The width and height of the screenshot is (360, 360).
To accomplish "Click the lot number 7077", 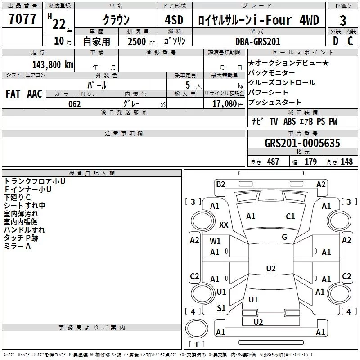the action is click(22, 19).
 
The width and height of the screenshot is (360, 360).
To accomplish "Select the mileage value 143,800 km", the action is click(53, 65).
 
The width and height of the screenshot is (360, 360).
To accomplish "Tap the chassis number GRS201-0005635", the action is click(302, 143).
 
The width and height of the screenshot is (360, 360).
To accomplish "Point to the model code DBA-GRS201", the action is click(258, 41).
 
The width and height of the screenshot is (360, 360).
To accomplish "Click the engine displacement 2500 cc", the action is click(141, 41).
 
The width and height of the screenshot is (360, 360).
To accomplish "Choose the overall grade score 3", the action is click(343, 21).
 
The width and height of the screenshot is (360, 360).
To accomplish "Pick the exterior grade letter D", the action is click(336, 41).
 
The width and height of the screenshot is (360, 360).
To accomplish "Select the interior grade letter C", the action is click(350, 41).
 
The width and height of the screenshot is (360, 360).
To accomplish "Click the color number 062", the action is click(75, 104).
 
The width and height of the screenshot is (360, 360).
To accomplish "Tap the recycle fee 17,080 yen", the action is click(228, 104).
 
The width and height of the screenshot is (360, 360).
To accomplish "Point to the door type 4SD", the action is click(174, 20).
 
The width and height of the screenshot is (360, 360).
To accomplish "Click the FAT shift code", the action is click(13, 94).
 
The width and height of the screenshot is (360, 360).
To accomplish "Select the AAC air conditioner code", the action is click(35, 94).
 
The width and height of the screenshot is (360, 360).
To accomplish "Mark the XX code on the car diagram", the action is click(224, 225).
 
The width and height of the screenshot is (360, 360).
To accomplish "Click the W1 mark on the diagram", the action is click(215, 241).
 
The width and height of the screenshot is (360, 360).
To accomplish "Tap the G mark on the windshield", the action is click(284, 237).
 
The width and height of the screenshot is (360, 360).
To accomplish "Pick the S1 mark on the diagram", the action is click(221, 308).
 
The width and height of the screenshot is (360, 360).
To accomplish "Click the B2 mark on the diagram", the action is click(220, 184).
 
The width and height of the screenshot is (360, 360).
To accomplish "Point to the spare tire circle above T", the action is click(197, 328).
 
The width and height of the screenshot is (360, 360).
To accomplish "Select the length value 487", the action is click(273, 162).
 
